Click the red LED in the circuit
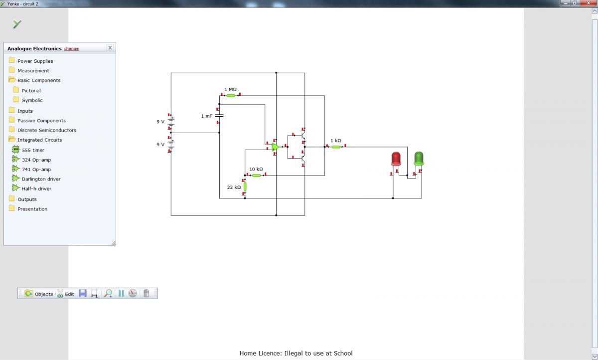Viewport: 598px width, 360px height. pos(396,159)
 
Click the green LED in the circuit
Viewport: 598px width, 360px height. pos(419,159)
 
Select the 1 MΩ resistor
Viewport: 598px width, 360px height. pos(231,95)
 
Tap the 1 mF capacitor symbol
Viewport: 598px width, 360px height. pos(219,116)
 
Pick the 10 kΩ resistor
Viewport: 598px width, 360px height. pos(256,176)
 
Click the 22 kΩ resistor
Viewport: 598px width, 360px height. pos(245,186)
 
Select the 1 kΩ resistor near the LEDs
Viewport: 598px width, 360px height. pos(336,147)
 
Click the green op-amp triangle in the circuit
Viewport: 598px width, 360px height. pos(275,147)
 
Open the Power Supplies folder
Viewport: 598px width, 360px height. pos(35,61)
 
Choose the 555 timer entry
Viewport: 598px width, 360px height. pos(33,150)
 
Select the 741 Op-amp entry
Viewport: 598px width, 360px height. pos(36,170)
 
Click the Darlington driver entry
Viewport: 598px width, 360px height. pos(41,179)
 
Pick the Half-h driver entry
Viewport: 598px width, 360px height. pos(36,188)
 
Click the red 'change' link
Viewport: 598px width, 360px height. pos(71,48)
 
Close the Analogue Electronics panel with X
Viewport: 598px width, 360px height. pos(110,48)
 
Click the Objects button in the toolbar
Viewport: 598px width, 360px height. pos(39,294)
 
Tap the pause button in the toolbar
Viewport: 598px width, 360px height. pos(121,294)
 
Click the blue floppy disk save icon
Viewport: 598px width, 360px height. pos(83,293)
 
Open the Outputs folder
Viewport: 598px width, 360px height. pos(27,199)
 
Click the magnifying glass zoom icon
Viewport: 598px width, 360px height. pos(108,294)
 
